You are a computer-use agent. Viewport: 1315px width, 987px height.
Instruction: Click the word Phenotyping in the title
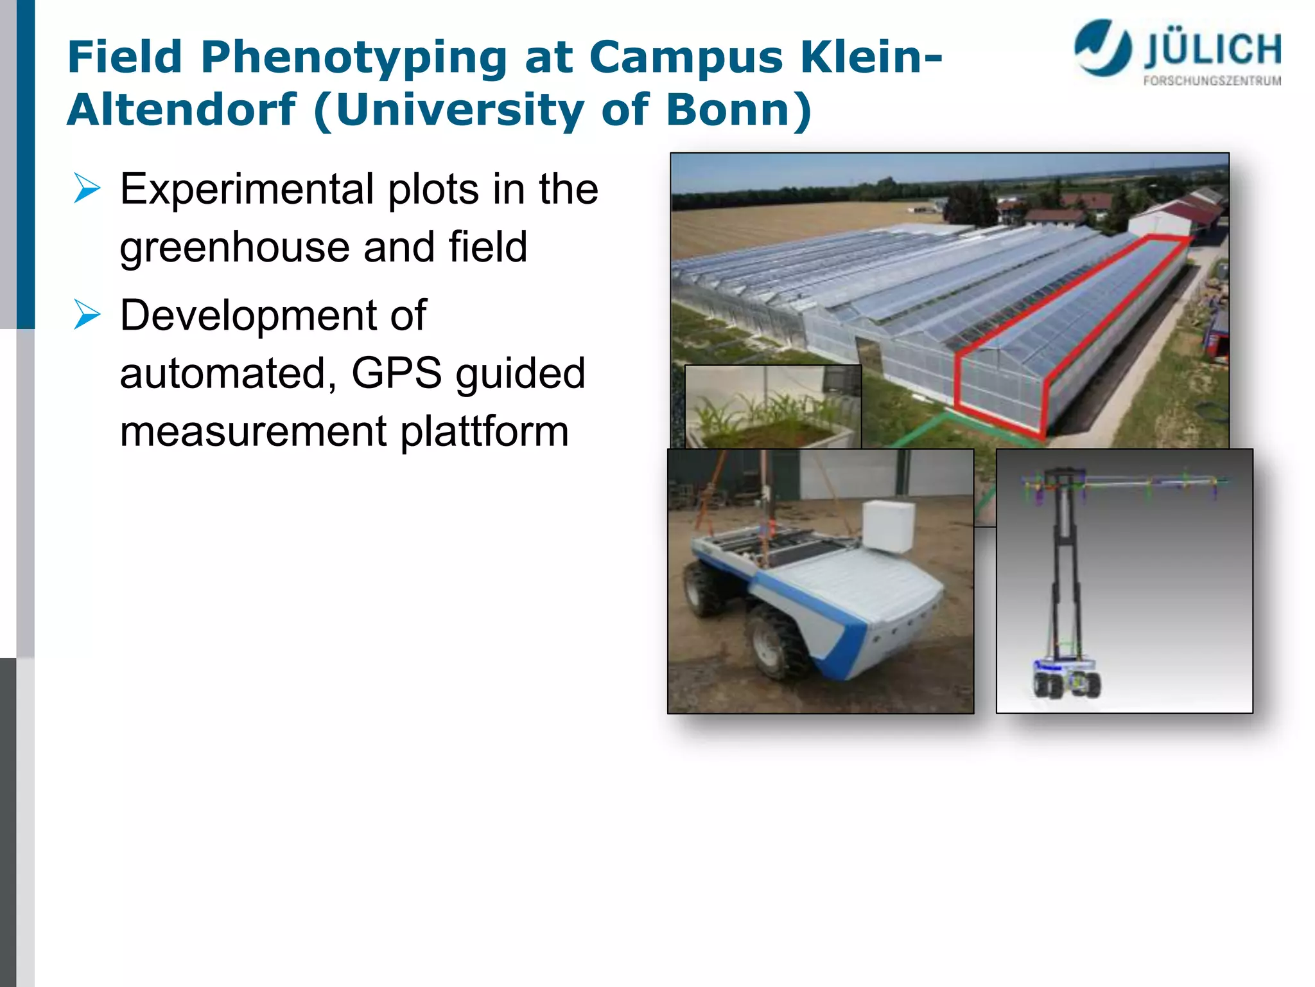(354, 58)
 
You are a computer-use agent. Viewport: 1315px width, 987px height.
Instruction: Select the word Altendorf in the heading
(182, 110)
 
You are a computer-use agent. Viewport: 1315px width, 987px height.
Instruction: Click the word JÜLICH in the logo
(1212, 50)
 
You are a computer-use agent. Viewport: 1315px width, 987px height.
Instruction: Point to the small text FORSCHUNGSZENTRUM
(1212, 81)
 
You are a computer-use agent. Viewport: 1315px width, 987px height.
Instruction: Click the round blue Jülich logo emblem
(1102, 48)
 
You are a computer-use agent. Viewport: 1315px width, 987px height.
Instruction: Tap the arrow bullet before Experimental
(87, 188)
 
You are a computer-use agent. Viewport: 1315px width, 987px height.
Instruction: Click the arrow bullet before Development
(87, 314)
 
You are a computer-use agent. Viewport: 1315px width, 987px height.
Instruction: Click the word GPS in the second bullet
(396, 373)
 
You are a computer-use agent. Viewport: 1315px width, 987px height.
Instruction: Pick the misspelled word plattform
(485, 431)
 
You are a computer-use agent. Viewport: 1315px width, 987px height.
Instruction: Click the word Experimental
(247, 190)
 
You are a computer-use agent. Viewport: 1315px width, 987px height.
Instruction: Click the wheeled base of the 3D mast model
(1066, 679)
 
